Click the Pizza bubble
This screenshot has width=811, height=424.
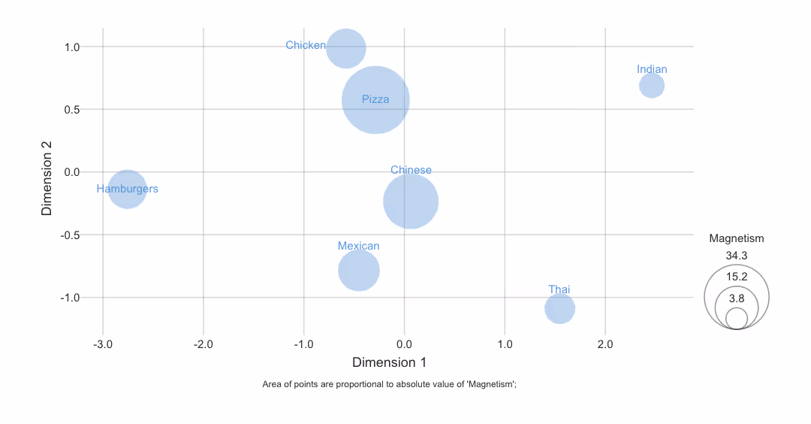point(375,100)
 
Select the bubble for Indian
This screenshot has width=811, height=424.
point(652,85)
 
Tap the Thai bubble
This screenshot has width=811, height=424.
point(559,308)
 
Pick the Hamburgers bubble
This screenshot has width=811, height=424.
point(128,189)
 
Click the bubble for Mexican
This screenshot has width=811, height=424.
point(359,271)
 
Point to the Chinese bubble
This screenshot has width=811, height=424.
point(411,201)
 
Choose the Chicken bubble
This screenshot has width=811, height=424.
point(345,48)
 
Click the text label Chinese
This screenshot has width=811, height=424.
point(411,170)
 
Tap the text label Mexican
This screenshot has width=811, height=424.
point(358,246)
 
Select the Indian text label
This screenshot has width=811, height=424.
point(652,69)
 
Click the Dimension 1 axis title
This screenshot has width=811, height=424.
point(389,362)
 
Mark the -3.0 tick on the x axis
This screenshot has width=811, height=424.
point(103,344)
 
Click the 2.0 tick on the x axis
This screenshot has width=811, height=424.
point(605,344)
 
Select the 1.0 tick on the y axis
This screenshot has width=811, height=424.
point(72,47)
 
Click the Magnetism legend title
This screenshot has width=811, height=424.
point(737,238)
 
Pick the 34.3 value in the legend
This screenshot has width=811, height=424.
point(737,256)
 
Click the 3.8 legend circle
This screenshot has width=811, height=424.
point(737,318)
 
